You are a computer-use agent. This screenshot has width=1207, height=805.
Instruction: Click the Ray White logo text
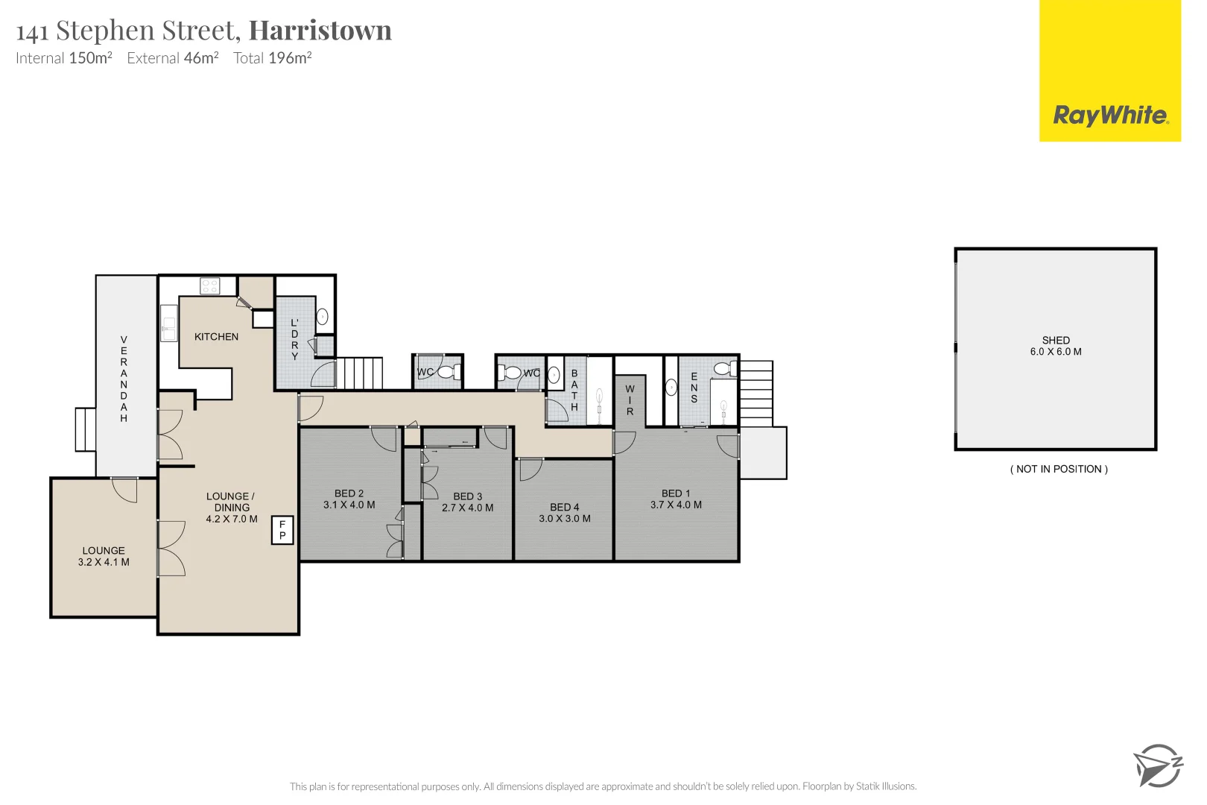(x=1110, y=116)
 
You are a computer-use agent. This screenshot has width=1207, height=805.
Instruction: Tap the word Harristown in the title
(x=320, y=31)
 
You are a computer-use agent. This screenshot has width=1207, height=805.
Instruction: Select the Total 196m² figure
(x=272, y=58)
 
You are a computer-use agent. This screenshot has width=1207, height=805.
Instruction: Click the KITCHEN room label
(x=216, y=337)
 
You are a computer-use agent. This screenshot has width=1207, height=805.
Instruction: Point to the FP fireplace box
(x=282, y=530)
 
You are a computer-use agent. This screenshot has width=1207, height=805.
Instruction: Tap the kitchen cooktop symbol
(x=210, y=285)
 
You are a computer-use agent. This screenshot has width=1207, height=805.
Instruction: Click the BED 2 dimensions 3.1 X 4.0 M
(x=349, y=505)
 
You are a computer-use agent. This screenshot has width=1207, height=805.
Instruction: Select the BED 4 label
(x=564, y=508)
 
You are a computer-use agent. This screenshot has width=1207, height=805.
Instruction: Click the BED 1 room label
(x=676, y=493)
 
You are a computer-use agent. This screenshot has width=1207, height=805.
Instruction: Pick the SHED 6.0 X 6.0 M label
(x=1056, y=346)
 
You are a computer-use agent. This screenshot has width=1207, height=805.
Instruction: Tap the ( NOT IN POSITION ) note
(x=1059, y=469)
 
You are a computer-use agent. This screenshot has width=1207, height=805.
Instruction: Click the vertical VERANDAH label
(x=124, y=379)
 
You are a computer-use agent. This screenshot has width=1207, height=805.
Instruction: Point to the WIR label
(x=630, y=400)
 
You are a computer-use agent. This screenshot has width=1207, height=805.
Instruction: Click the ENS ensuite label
(x=694, y=388)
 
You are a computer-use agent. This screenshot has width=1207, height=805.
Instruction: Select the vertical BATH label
(x=574, y=390)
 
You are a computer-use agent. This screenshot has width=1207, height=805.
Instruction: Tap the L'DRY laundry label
(x=294, y=339)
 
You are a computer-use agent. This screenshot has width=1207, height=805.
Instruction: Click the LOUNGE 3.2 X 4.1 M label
(x=104, y=557)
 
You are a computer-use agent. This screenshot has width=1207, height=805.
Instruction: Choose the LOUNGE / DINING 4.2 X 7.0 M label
(x=231, y=508)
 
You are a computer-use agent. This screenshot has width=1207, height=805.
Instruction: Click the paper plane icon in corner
(x=1157, y=765)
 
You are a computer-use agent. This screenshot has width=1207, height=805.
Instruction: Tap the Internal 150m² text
(x=64, y=58)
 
